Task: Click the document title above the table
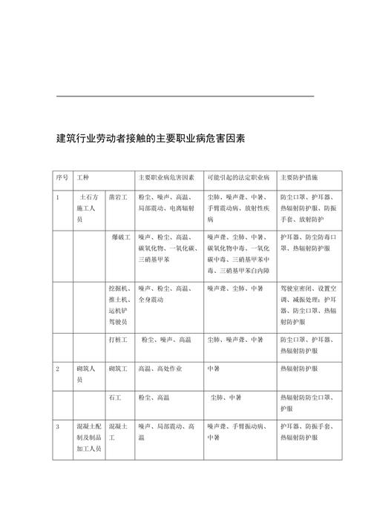(151, 138)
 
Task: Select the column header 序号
(62, 178)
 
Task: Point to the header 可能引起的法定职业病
(237, 178)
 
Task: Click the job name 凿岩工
(118, 198)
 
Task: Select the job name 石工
(114, 397)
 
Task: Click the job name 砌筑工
(118, 368)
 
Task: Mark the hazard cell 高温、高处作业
(160, 368)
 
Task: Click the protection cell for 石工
(306, 403)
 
